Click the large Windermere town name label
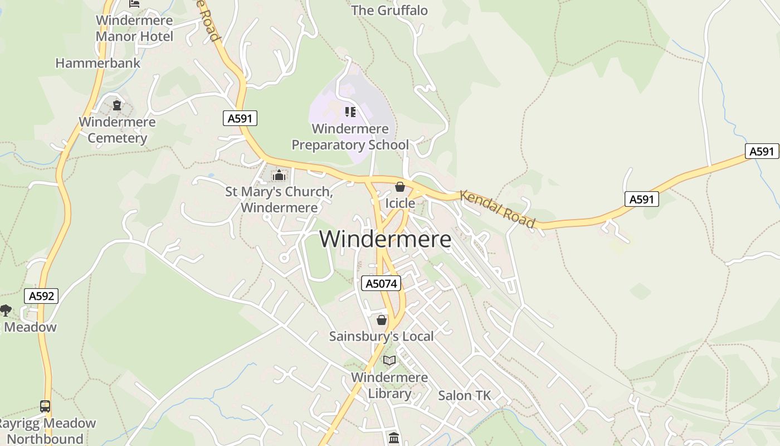pyautogui.click(x=385, y=239)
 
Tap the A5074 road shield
pyautogui.click(x=381, y=283)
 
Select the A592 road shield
pyautogui.click(x=41, y=296)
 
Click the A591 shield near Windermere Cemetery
pyautogui.click(x=240, y=118)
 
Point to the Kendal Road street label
pyautogui.click(x=497, y=209)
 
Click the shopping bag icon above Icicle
pyautogui.click(x=399, y=187)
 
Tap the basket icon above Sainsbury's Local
pyautogui.click(x=381, y=320)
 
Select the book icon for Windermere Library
pyautogui.click(x=389, y=361)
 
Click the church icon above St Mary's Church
pyautogui.click(x=279, y=176)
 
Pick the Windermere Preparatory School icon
pyautogui.click(x=350, y=112)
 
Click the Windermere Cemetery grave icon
pyautogui.click(x=117, y=105)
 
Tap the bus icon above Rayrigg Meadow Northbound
pyautogui.click(x=45, y=406)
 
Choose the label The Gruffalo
pyautogui.click(x=389, y=10)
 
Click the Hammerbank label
pyautogui.click(x=98, y=63)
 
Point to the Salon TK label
pyautogui.click(x=464, y=395)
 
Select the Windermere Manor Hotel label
pyautogui.click(x=134, y=28)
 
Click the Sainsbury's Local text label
pyautogui.click(x=381, y=336)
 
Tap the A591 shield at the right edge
pyautogui.click(x=762, y=151)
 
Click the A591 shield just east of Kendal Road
pyautogui.click(x=641, y=199)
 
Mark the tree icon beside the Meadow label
pyautogui.click(x=6, y=310)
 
